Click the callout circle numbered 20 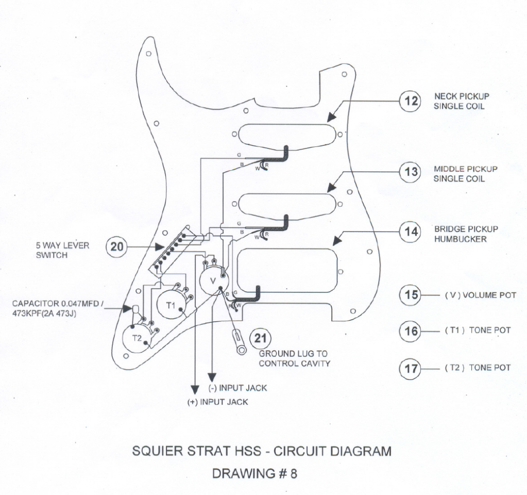[117, 247]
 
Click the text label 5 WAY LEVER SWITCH [62, 251]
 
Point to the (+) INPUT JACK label [217, 402]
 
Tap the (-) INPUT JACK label [237, 388]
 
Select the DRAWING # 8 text [254, 473]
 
